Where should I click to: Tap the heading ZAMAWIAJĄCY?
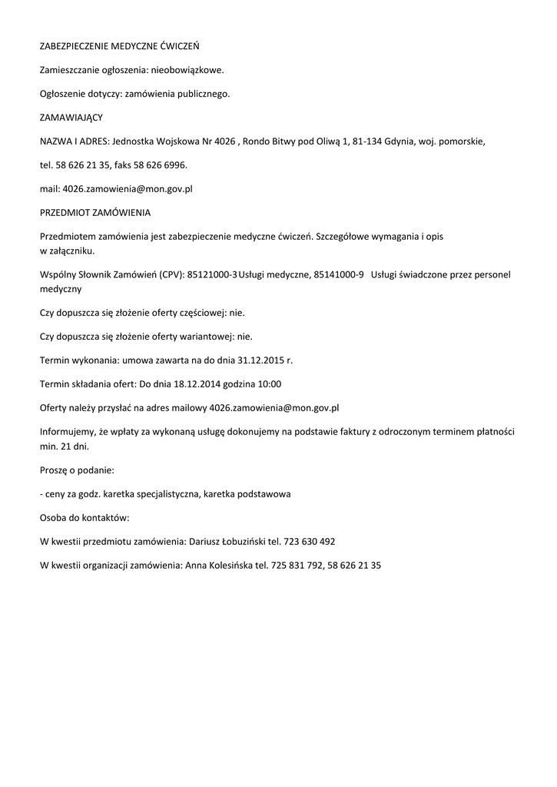point(71,118)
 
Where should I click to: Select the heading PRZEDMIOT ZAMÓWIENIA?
point(95,212)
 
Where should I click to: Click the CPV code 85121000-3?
point(212,274)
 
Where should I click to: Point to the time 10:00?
point(268,384)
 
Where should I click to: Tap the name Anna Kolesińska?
point(220,565)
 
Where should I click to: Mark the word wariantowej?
point(204,336)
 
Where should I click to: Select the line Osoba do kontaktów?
point(85,517)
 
